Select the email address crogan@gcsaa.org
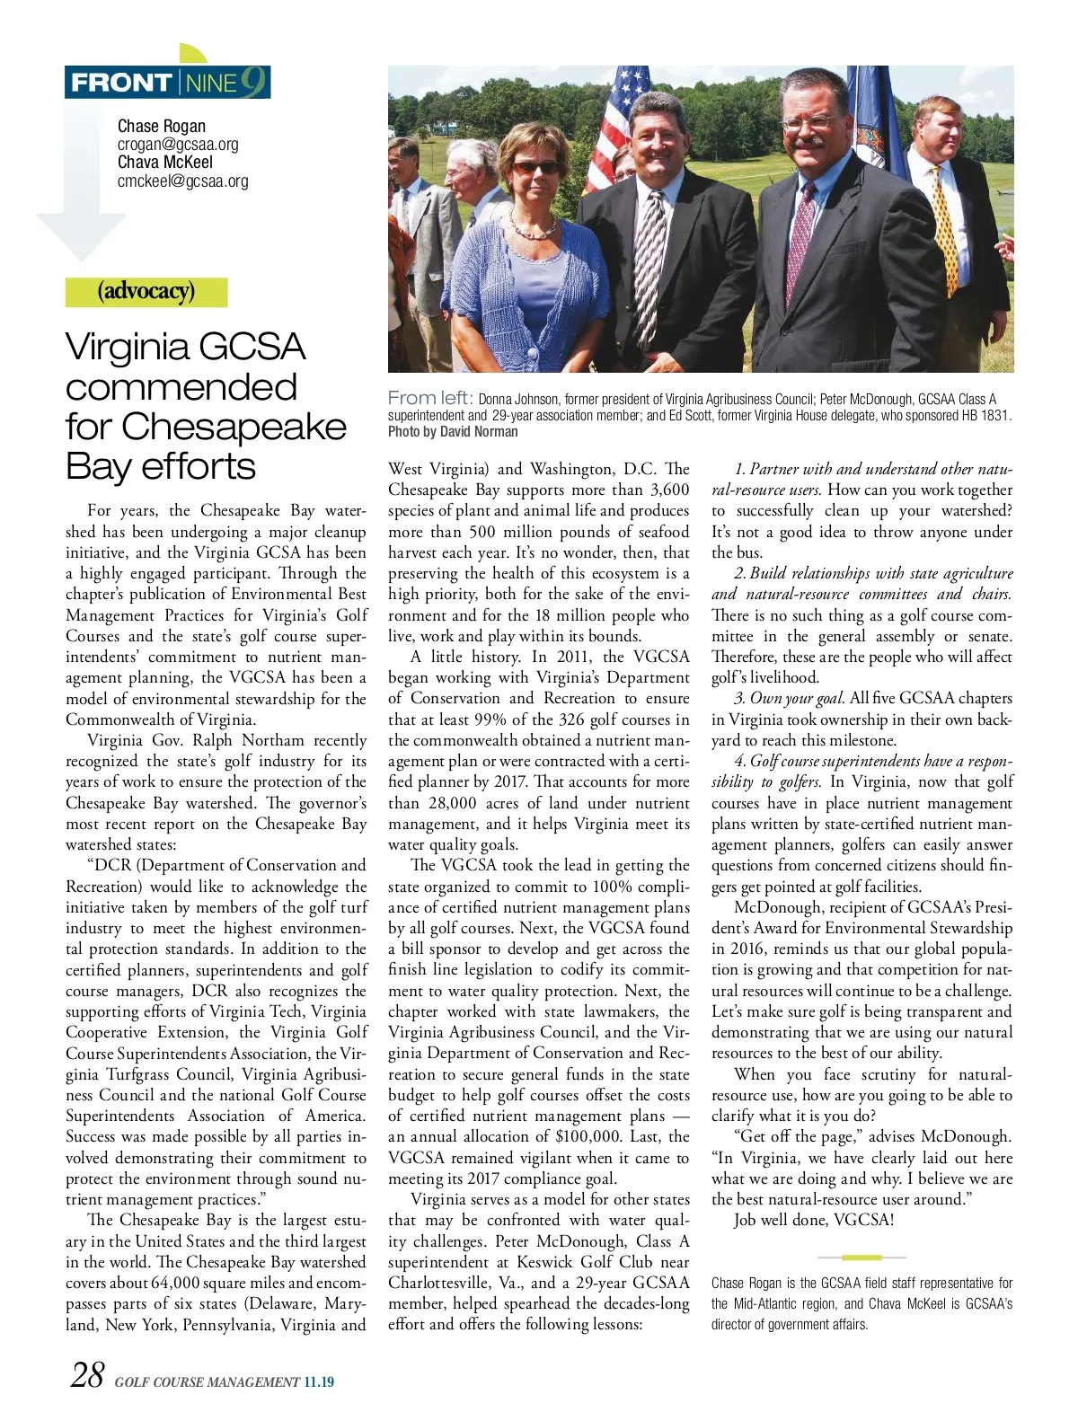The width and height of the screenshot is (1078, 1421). [x=178, y=145]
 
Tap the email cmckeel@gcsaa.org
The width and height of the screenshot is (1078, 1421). [x=182, y=181]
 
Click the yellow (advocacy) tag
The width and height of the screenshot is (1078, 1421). [x=146, y=292]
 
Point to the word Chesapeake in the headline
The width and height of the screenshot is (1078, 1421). [x=234, y=426]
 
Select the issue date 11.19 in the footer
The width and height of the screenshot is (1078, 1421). [x=318, y=1382]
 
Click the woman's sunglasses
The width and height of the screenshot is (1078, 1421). [x=536, y=167]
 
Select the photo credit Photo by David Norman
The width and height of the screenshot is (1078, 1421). [x=453, y=431]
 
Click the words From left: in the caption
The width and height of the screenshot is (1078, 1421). [x=430, y=398]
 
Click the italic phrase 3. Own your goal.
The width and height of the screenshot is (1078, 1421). [x=790, y=699]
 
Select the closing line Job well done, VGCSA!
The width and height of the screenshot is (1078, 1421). [x=813, y=1220]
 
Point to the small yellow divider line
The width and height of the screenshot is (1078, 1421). [x=862, y=1257]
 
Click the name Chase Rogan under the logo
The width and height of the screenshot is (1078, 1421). [x=162, y=127]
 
